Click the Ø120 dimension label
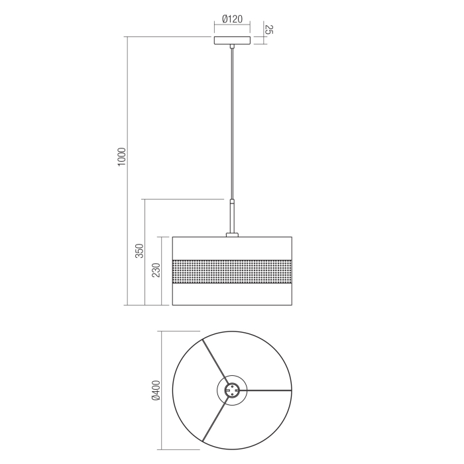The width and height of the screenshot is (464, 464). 231,20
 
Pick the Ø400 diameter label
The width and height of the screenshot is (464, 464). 155,391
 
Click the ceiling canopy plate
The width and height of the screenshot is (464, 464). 232,40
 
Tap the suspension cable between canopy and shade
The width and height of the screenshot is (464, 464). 232,119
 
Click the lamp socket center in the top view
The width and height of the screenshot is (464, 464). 232,390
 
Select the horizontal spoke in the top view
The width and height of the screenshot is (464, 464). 268,390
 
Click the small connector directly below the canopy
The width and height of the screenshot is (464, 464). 232,47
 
